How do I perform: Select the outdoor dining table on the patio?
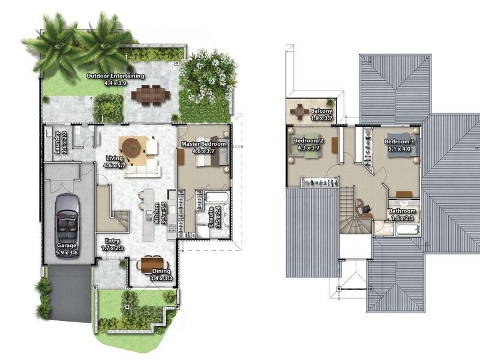[x=151, y=95]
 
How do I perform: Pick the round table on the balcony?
[x=299, y=112]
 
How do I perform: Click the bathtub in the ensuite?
[x=217, y=197]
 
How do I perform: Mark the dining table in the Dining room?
[x=152, y=263]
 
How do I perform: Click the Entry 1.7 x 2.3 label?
[x=112, y=244]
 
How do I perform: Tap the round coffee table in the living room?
[x=133, y=148]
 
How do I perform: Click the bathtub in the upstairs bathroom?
[x=407, y=230]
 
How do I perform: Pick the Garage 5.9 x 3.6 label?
[x=67, y=249]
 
